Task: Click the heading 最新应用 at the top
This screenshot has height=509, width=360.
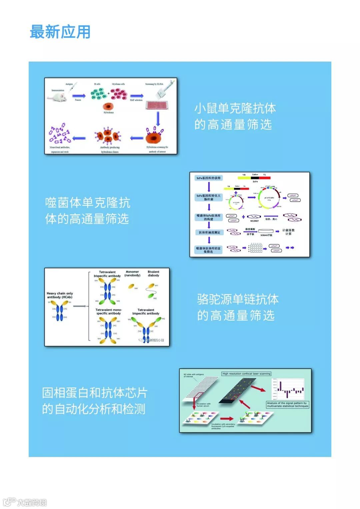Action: coord(60,32)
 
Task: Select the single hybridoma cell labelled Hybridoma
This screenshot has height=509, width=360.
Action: coord(108,107)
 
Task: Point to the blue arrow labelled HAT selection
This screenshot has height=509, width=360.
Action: coord(136,96)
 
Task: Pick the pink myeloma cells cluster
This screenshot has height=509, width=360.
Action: coord(119,93)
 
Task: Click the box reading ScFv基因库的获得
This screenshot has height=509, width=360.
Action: coord(208,178)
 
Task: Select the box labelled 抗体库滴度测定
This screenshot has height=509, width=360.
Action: coord(209,232)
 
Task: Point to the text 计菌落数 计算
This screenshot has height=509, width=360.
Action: coord(288,232)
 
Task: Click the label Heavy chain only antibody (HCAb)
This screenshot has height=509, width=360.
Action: coord(60,295)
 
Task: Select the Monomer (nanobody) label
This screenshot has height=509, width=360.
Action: coord(132,274)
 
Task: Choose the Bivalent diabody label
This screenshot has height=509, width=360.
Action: coord(153,274)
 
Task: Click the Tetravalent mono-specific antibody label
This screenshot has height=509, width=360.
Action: coord(109,312)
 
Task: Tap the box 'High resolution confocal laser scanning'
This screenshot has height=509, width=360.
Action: coord(246,374)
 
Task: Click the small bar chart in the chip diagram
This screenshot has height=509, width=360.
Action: coord(288,390)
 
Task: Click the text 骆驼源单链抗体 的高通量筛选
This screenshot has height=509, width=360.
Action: coord(237,307)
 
